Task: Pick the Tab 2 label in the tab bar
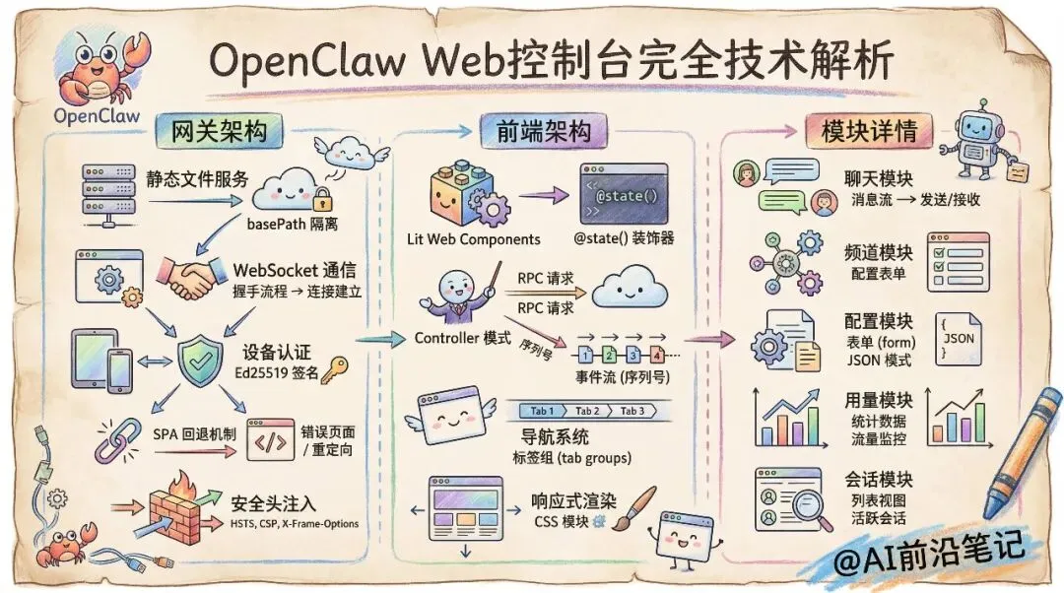tap(587, 411)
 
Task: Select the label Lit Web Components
tap(473, 239)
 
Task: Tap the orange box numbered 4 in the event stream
tap(657, 356)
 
